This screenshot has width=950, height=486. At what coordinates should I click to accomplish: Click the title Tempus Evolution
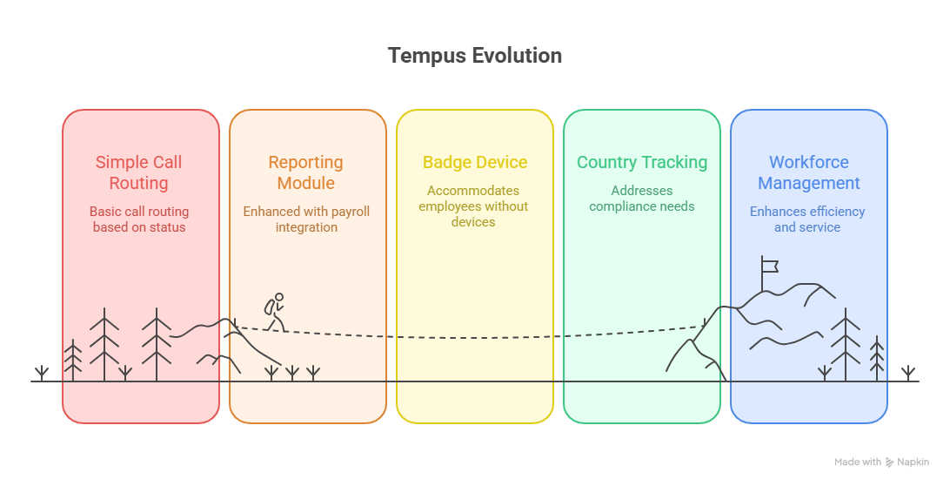474,56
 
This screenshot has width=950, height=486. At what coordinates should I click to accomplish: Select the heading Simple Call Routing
139,172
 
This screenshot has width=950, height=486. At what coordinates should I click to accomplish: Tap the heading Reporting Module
305,172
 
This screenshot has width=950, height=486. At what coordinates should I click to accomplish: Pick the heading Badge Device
475,163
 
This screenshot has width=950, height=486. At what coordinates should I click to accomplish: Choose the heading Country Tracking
642,163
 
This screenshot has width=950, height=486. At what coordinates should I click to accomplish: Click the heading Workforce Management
808,172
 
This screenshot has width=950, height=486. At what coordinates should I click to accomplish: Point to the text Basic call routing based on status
139,219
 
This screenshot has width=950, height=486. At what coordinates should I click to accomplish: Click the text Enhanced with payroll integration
306,219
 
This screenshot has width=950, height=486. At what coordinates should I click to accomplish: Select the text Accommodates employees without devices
473,206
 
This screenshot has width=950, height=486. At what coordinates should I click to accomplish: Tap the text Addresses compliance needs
642,199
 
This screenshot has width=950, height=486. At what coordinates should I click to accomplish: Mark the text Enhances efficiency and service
807,219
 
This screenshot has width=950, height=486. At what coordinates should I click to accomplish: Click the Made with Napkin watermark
881,462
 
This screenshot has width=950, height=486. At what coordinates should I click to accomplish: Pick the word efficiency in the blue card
836,212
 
